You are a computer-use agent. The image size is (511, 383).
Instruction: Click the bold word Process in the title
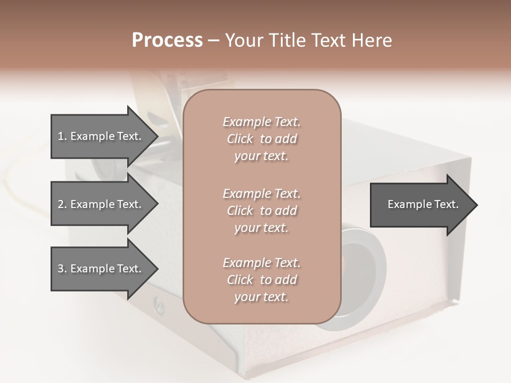[x=167, y=40]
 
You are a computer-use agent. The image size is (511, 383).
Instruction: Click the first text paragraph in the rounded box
[x=261, y=139]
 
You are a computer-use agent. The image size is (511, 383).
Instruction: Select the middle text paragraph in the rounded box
[x=261, y=211]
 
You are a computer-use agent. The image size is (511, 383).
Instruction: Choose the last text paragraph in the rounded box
[x=261, y=280]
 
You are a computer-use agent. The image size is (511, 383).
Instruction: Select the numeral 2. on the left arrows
[x=62, y=204]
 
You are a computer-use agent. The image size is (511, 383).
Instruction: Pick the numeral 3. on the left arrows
[x=62, y=269]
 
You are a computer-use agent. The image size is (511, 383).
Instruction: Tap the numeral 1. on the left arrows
[x=62, y=136]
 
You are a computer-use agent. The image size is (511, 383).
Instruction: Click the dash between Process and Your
[x=213, y=40]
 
